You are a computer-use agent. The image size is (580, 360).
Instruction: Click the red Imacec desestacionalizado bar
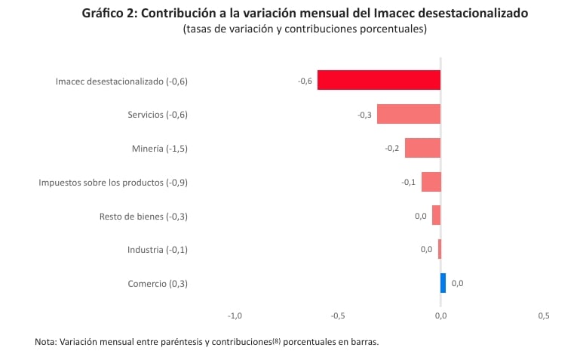point(379,80)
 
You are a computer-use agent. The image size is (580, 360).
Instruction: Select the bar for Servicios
point(408,114)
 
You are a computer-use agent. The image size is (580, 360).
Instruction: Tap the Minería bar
point(422,148)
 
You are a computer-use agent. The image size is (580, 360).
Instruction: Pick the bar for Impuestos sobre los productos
point(431,182)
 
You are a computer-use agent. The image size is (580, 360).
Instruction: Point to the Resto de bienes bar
point(436,216)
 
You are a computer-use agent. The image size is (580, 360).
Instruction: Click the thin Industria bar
point(439,249)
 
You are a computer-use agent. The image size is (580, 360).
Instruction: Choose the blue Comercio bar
point(443,283)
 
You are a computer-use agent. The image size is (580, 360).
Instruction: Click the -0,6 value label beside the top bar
point(305,81)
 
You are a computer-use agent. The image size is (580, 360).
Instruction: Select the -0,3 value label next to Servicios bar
point(364,115)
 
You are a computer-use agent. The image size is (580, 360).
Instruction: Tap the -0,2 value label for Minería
point(392,148)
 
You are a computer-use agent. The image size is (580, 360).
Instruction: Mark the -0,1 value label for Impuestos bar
point(408,182)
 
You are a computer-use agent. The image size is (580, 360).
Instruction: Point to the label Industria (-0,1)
point(157,250)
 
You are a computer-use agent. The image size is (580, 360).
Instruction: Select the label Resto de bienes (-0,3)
point(143,217)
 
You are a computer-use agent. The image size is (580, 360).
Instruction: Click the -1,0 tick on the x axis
point(235,315)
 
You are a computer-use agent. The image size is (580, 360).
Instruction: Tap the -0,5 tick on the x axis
point(337,315)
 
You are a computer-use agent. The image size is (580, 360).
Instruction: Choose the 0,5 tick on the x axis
point(544,315)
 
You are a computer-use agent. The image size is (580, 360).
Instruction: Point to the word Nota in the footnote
point(44,342)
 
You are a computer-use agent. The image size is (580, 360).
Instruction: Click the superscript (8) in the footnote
point(276,340)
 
